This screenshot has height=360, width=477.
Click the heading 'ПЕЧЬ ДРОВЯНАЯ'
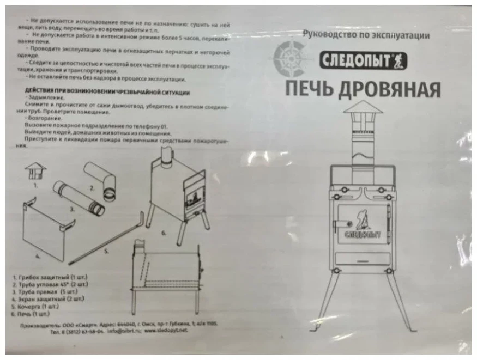click(361, 88)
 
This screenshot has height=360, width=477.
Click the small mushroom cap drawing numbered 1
click(36, 170)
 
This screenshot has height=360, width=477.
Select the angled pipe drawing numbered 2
click(101, 179)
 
